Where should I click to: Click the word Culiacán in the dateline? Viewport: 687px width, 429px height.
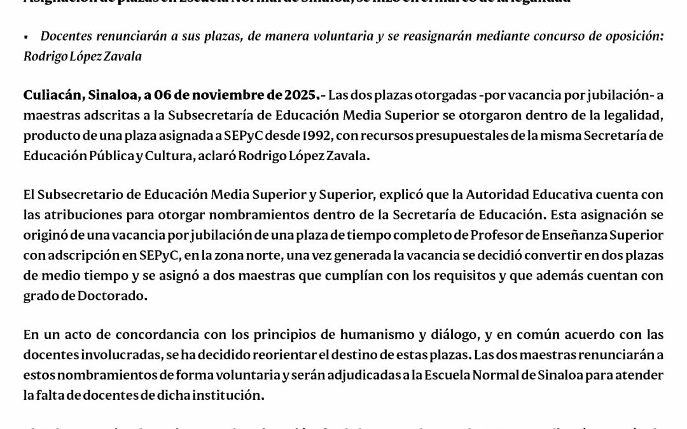pyautogui.click(x=49, y=96)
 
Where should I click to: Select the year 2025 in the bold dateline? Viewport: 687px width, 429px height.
pyautogui.click(x=302, y=96)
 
